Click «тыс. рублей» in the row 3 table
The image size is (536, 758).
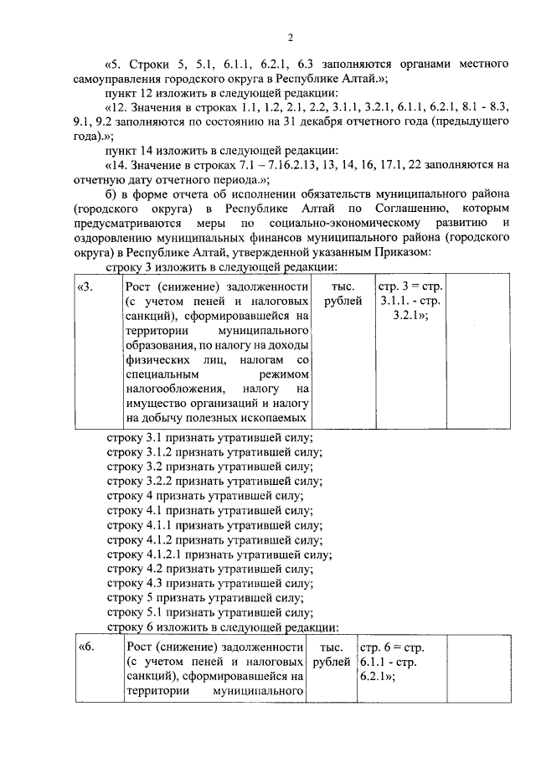pos(342,293)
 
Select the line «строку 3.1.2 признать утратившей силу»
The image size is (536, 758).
pos(216,452)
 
